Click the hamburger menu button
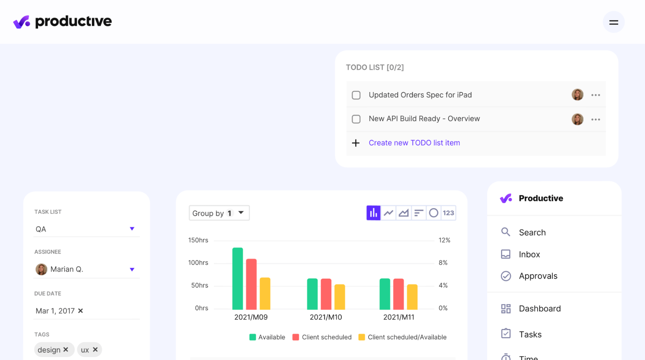point(613,22)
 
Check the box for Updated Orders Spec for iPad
point(356,95)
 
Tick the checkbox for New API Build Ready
point(356,119)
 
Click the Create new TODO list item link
point(414,143)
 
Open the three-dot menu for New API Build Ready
point(595,119)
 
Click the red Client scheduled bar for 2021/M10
point(326,294)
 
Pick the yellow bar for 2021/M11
point(412,297)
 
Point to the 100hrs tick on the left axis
point(198,263)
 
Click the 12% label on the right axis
point(444,240)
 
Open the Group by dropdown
point(219,213)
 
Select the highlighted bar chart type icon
point(373,213)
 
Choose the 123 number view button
point(448,213)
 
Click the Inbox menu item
point(529,254)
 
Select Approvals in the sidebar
point(538,276)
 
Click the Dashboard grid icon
point(506,309)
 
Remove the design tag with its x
point(66,350)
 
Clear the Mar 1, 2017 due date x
point(81,311)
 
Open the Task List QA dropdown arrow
point(132,229)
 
